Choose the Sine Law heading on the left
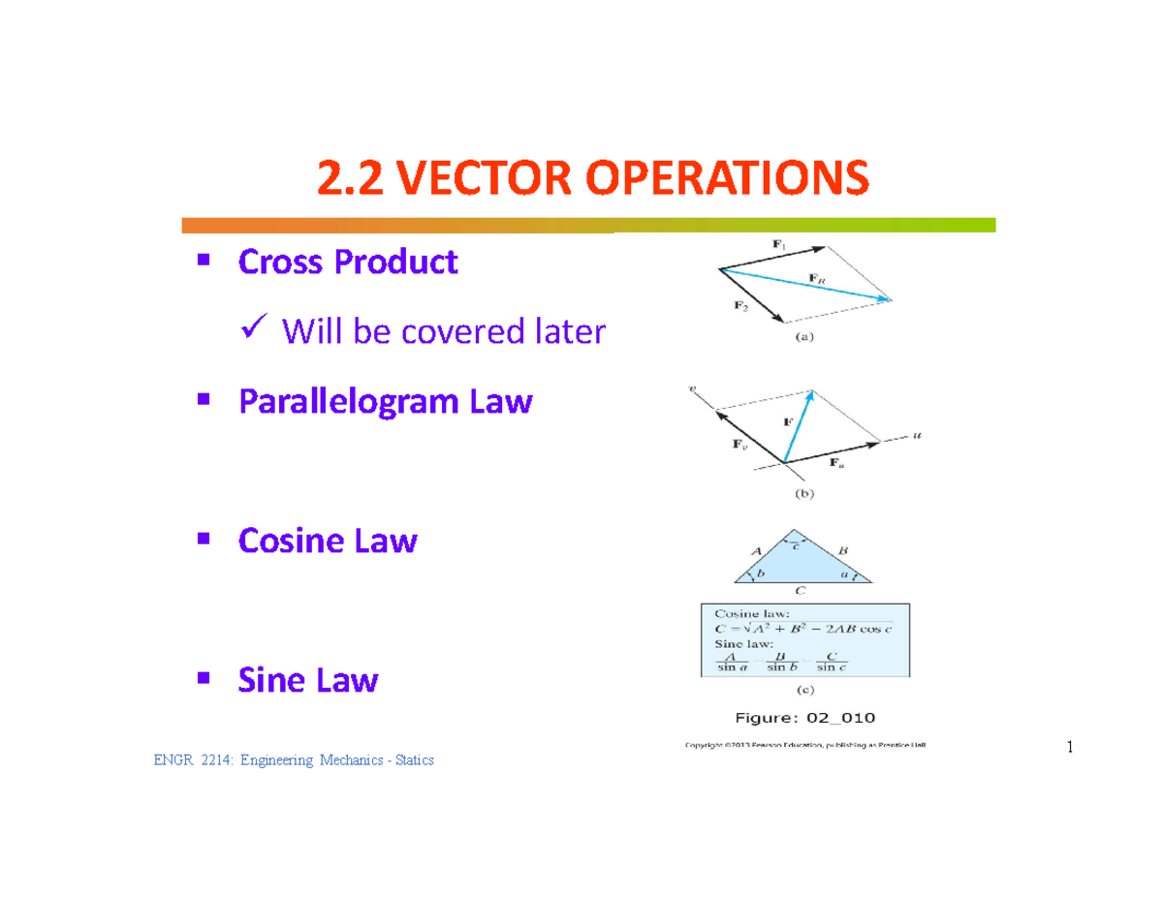tap(308, 680)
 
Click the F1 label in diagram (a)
tap(779, 246)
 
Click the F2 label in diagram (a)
tap(741, 306)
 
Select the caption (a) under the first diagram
tap(805, 338)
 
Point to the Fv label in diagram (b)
tap(738, 447)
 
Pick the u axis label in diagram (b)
tap(917, 436)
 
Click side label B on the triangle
tap(842, 550)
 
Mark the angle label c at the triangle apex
tap(797, 545)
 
